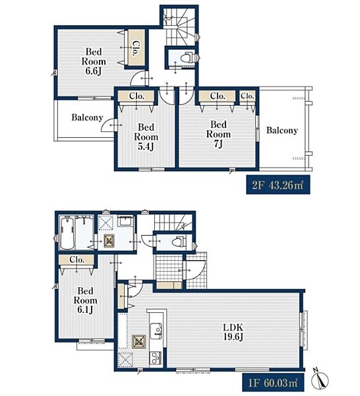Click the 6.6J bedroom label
[x=94, y=61]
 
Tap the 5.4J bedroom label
[x=146, y=137]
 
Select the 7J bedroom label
[x=218, y=134]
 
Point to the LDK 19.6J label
[x=233, y=332]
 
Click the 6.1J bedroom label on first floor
[x=85, y=300]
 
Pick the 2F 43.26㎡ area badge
[x=278, y=185]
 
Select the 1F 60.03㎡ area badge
[x=273, y=383]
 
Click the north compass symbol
[x=320, y=379]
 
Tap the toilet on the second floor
[x=187, y=57]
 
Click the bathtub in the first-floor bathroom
[x=67, y=234]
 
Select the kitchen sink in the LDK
[x=156, y=331]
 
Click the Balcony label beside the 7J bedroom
[x=282, y=130]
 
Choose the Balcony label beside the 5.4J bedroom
[x=87, y=117]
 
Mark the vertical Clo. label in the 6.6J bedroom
[x=135, y=48]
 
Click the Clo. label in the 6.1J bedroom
[x=76, y=259]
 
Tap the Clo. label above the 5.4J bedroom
[x=136, y=96]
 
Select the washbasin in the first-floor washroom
[x=125, y=222]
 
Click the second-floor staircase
[x=179, y=26]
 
